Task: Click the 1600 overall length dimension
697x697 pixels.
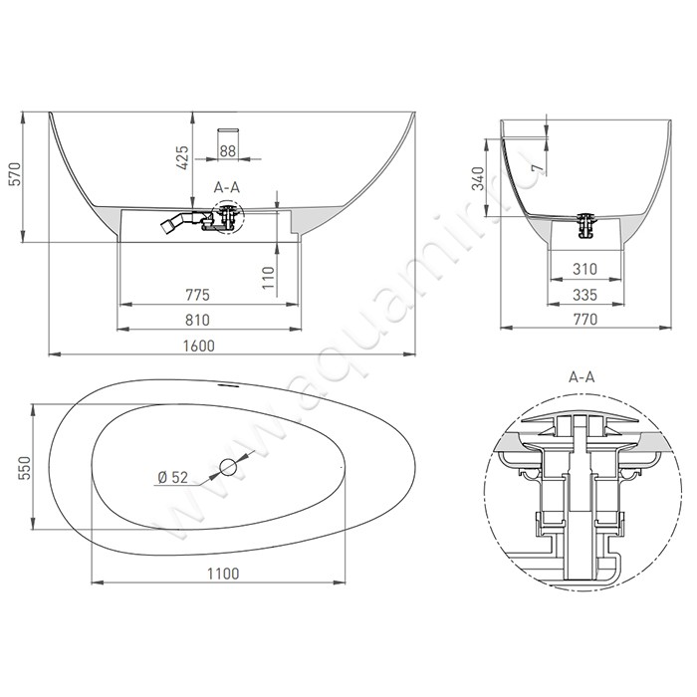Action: [199, 346]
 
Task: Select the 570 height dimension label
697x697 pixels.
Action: [16, 174]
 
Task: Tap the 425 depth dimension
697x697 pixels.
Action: [182, 157]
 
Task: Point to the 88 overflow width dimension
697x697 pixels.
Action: [228, 150]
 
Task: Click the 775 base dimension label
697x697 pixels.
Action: [197, 295]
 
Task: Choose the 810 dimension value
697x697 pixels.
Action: [197, 320]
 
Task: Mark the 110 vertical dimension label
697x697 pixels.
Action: [269, 278]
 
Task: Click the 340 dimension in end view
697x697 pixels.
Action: [478, 178]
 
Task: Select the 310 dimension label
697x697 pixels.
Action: [584, 269]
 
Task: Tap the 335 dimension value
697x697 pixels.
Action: [584, 295]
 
